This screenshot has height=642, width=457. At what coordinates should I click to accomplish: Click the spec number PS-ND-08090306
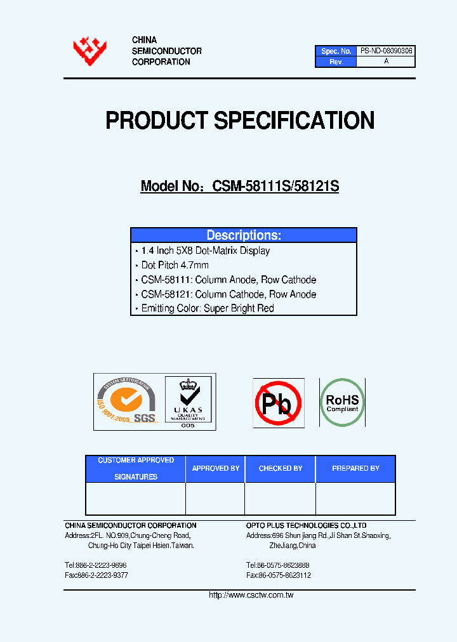tap(386, 51)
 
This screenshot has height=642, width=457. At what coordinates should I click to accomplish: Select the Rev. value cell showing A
tap(386, 62)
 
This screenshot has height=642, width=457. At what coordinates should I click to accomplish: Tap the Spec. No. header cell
tap(336, 51)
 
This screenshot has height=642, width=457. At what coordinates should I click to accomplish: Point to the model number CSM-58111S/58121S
tap(275, 187)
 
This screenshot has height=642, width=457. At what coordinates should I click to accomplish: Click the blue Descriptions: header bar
tap(244, 235)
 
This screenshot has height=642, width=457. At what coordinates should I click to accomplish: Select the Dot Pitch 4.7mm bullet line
tap(175, 265)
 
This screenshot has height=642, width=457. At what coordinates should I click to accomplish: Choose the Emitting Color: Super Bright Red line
tap(207, 308)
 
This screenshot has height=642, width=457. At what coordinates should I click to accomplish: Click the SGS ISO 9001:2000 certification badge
tap(127, 402)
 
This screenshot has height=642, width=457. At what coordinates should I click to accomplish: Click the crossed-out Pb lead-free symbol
tap(278, 402)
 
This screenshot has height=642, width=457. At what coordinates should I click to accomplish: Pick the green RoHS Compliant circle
tap(342, 402)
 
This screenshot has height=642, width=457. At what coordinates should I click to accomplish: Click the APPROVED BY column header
tap(215, 468)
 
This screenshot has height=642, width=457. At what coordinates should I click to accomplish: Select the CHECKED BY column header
tap(280, 468)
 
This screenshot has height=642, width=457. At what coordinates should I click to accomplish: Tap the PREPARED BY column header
tap(355, 468)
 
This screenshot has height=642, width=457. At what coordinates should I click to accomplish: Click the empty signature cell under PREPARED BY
tap(355, 498)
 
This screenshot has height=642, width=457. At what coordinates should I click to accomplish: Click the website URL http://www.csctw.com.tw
tap(251, 595)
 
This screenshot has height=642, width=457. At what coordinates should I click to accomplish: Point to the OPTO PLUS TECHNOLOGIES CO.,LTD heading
tap(306, 525)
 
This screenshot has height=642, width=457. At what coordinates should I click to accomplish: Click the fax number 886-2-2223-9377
tap(102, 575)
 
